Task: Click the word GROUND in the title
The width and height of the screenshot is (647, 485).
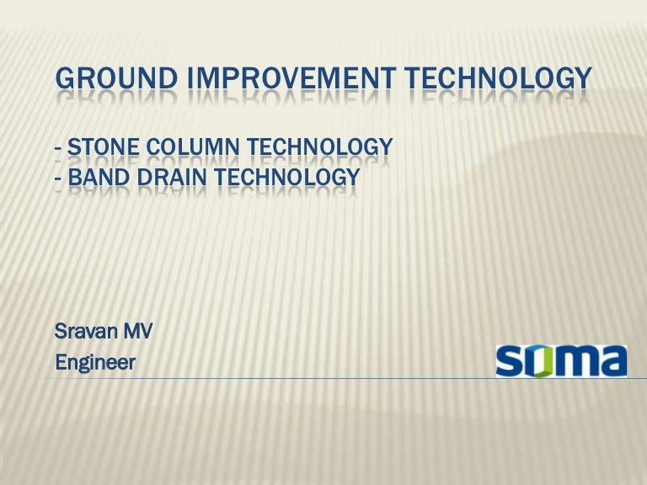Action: tap(116, 78)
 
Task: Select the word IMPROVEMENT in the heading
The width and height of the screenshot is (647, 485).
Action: tap(291, 78)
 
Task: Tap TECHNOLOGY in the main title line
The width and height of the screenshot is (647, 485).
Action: tap(498, 78)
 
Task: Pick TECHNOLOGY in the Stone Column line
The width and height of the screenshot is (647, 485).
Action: tap(320, 147)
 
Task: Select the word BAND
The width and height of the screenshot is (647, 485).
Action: tap(99, 177)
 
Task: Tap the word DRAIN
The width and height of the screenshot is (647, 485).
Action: tap(171, 177)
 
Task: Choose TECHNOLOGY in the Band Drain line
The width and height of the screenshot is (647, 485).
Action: tap(286, 177)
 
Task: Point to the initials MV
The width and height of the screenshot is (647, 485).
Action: tap(138, 331)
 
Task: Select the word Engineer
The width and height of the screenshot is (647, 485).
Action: tap(95, 363)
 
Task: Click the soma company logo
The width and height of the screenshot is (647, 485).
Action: tap(561, 361)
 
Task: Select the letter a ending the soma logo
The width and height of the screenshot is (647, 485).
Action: tap(612, 362)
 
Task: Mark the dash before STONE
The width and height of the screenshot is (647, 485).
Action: tap(58, 149)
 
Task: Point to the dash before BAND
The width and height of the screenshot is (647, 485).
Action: tap(58, 179)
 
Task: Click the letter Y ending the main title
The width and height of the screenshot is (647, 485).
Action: tap(584, 78)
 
